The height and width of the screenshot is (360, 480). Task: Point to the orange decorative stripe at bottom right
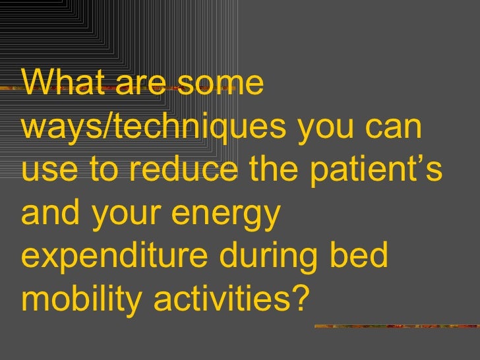(x=396, y=325)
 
